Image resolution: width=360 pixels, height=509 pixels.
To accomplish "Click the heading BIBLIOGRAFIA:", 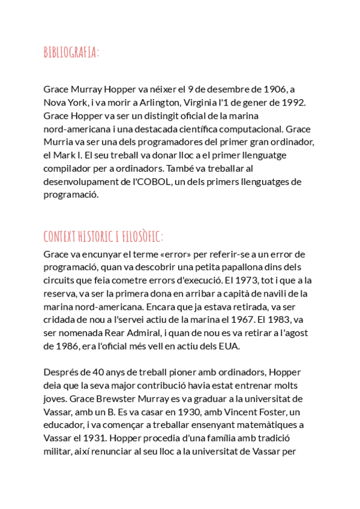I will pos(71,53).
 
